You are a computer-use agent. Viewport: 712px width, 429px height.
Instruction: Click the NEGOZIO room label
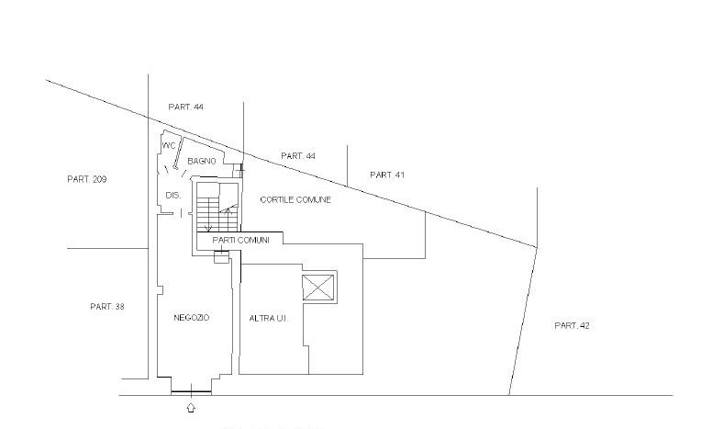point(192,318)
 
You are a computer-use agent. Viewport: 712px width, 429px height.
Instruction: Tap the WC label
point(169,146)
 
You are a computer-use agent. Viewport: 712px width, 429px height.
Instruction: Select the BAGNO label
point(202,162)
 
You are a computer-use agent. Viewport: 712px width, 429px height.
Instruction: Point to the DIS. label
point(173,196)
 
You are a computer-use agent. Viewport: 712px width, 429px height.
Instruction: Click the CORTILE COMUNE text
point(295,200)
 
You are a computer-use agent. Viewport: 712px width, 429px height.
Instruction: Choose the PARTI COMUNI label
point(240,240)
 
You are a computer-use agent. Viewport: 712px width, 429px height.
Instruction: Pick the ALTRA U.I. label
point(268,319)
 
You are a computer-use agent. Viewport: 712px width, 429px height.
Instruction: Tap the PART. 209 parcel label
point(87,179)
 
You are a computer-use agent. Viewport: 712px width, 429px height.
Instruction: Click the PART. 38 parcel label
point(107,307)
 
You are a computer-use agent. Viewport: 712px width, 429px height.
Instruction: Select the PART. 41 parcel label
point(387,175)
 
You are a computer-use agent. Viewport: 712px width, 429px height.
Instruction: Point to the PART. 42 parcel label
point(573,325)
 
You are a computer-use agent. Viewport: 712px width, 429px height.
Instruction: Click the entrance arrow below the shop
point(191,407)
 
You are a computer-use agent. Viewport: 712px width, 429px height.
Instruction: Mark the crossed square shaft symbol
point(318,288)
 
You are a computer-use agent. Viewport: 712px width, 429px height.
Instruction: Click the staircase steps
point(217,215)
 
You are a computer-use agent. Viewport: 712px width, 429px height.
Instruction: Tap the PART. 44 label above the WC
point(185,107)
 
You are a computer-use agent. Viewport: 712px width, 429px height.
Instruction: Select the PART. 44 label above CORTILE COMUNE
point(298,156)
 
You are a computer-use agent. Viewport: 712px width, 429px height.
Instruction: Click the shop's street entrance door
point(191,391)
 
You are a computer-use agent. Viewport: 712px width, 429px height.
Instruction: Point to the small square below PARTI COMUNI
point(221,257)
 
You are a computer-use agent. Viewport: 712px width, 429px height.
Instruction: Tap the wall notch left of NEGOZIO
point(160,290)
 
